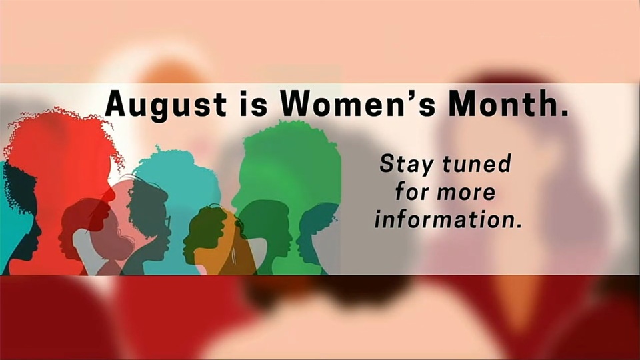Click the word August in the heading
165,105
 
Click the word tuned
477,163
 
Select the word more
466,193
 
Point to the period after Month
564,113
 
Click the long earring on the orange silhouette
233,256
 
